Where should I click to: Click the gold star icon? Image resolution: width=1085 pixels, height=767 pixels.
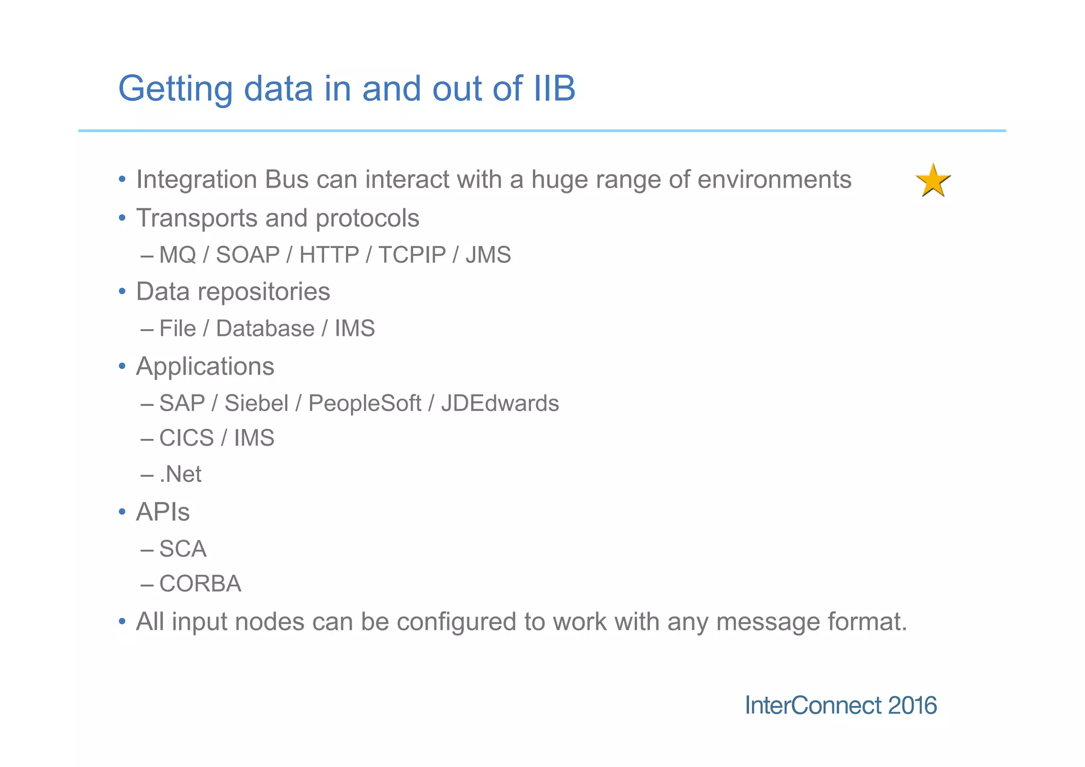coord(933,181)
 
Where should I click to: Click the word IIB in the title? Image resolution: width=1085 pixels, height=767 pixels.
coord(554,88)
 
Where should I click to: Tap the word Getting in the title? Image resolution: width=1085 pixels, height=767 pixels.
coord(175,89)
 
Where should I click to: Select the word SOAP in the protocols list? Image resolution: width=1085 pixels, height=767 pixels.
coord(247,255)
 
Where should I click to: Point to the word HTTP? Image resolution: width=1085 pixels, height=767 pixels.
coord(329,255)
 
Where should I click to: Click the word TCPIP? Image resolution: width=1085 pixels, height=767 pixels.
coord(412,255)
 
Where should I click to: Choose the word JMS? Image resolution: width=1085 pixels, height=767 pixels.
coord(488,255)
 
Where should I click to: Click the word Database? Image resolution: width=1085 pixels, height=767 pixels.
coord(265,329)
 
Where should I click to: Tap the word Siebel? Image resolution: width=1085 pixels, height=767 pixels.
coord(256,403)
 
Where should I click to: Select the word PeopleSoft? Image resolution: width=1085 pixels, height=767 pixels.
coord(364,403)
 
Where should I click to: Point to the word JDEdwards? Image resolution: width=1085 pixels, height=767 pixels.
coord(500,403)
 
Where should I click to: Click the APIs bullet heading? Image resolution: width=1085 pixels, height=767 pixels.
coord(163,512)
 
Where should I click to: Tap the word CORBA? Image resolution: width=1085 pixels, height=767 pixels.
coord(200,584)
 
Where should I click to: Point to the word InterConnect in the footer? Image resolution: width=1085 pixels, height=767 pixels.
coord(813,706)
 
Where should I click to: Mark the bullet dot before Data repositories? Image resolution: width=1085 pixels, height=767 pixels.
coord(122,292)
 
